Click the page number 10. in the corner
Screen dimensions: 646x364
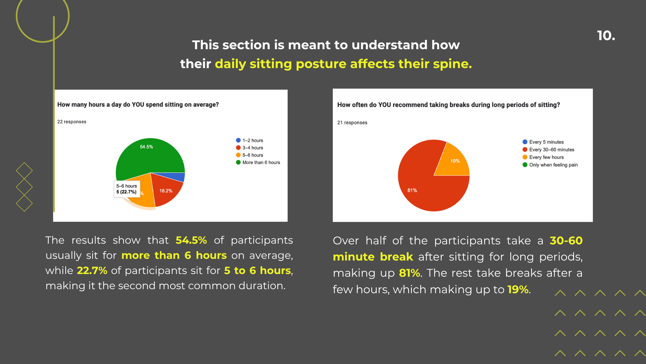click(x=606, y=36)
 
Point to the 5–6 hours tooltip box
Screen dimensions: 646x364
click(x=127, y=189)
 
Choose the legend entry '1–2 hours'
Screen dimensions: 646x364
click(x=250, y=140)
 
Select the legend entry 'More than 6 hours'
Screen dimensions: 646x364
click(x=258, y=162)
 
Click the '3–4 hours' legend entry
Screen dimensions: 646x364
click(x=250, y=148)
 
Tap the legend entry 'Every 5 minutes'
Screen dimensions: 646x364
click(x=543, y=142)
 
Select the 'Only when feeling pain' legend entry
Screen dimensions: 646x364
click(x=550, y=165)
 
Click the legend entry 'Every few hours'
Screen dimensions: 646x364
click(x=543, y=157)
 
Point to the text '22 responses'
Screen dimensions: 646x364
click(x=72, y=122)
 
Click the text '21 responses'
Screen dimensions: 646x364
click(x=352, y=123)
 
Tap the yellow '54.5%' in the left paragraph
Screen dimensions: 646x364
click(x=191, y=240)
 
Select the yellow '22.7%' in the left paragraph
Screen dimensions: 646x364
click(x=92, y=271)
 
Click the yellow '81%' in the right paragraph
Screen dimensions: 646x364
click(x=409, y=273)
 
